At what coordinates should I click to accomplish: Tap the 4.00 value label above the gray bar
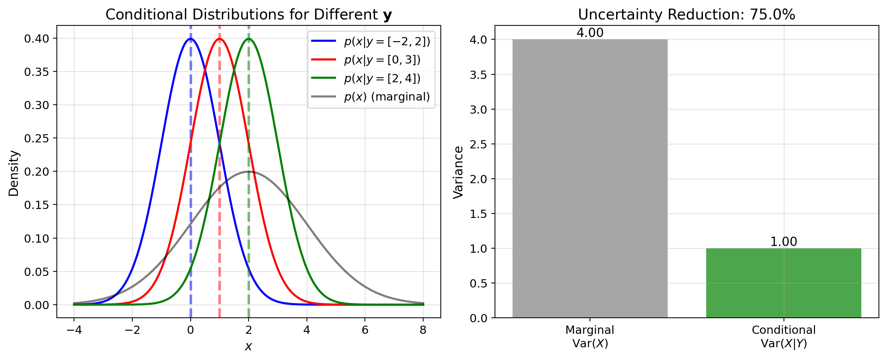[590, 33]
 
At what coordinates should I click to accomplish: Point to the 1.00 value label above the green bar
[784, 242]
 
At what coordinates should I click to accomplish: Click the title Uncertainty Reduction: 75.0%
[686, 15]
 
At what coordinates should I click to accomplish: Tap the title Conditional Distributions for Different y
[249, 15]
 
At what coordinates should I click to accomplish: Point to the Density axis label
[14, 173]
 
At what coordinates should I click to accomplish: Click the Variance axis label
[458, 172]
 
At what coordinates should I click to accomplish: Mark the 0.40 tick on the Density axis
[37, 39]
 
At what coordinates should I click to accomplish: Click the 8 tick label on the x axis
[423, 330]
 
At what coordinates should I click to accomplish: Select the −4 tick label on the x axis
[74, 330]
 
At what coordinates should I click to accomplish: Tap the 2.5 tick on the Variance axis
[479, 144]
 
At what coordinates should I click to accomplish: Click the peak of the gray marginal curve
[249, 172]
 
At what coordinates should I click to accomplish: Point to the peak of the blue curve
[191, 39]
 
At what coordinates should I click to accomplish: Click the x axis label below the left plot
[248, 347]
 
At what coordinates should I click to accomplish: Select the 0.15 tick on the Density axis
[37, 205]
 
